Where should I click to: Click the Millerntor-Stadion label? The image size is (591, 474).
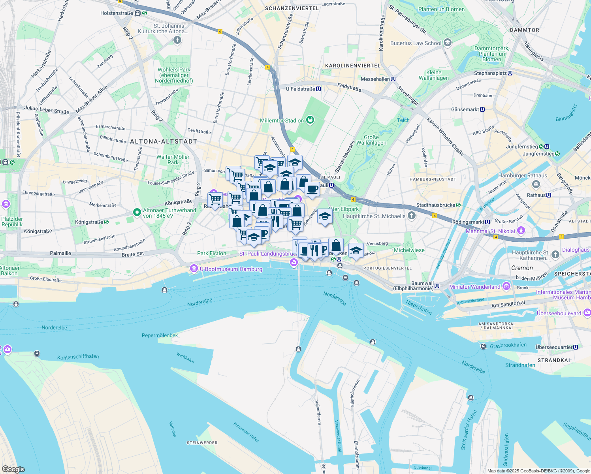point(282,120)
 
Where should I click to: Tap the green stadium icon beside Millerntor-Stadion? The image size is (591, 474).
point(310,120)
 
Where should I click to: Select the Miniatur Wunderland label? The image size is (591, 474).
point(474,287)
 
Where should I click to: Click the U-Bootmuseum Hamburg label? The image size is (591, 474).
point(231,269)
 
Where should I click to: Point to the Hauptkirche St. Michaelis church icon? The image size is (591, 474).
point(412,215)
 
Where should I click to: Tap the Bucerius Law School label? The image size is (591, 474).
point(416,43)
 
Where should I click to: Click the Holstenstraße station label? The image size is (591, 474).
point(117,13)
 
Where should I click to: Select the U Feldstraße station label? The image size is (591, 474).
point(300,89)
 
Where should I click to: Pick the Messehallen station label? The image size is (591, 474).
point(375,79)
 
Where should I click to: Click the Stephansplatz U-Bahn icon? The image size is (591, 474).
point(510,73)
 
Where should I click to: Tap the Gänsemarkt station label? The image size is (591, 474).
point(465,109)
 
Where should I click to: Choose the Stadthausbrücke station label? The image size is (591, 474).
point(435,205)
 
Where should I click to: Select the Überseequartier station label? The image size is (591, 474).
point(554,347)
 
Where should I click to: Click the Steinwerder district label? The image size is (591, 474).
point(202,443)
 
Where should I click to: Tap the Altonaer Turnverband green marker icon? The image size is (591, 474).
point(137,213)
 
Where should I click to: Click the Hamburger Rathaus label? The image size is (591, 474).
point(522,175)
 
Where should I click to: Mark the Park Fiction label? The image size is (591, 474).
point(212,253)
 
